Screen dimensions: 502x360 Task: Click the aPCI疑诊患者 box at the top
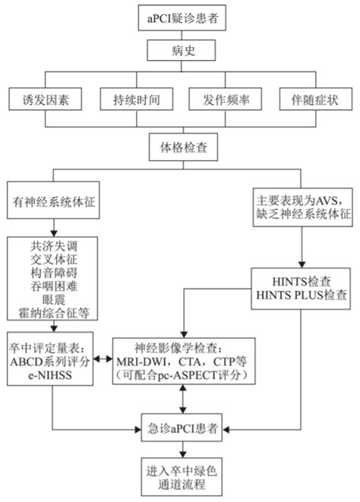coord(180,17)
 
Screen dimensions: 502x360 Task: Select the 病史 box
coord(180,51)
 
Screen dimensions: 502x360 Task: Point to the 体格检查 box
coord(180,144)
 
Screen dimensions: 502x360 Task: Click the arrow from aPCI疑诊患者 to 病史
coord(180,33)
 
